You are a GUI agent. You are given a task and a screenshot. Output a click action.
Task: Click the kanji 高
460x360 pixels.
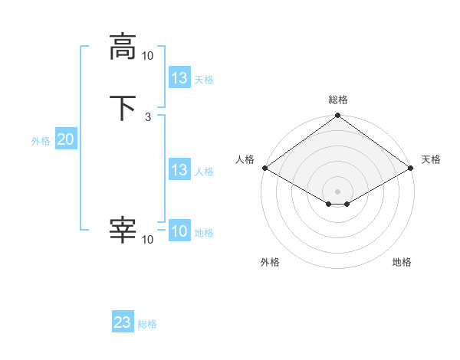(x=123, y=47)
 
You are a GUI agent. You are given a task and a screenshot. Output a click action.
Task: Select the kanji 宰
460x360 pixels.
(x=123, y=231)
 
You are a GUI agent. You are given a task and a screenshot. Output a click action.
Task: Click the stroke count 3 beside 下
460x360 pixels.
(x=148, y=117)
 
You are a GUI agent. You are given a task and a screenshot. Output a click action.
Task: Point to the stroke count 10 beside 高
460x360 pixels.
(x=147, y=55)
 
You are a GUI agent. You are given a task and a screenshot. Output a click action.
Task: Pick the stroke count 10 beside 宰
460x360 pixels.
(x=147, y=240)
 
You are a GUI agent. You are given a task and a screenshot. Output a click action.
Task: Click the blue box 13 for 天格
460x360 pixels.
(x=179, y=78)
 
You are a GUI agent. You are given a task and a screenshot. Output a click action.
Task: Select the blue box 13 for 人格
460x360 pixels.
(x=179, y=170)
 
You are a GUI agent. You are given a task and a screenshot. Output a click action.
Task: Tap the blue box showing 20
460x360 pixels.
(x=66, y=139)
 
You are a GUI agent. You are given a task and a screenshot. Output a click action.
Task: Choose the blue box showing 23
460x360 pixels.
(x=123, y=322)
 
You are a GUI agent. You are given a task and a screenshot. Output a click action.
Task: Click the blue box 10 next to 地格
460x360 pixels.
(x=179, y=231)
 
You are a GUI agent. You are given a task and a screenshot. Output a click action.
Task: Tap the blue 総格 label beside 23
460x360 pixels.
(x=147, y=324)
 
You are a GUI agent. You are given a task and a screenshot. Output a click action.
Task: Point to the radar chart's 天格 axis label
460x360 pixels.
(x=431, y=159)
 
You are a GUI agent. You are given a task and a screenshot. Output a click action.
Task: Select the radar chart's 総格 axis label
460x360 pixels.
(x=338, y=100)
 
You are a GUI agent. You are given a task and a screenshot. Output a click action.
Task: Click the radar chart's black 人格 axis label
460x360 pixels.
(x=245, y=159)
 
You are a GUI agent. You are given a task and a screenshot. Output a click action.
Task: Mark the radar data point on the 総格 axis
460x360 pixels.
(x=337, y=116)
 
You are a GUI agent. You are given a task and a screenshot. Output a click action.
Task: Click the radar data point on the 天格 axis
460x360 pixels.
(x=412, y=168)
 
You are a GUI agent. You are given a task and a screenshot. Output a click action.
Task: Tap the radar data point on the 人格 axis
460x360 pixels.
(x=264, y=168)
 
